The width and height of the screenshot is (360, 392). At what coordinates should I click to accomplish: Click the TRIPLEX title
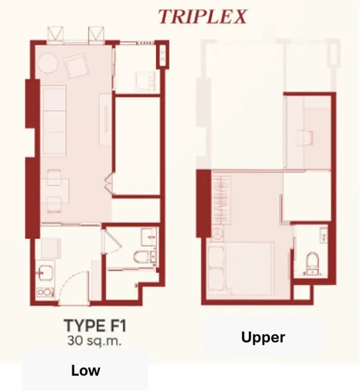(x=202, y=17)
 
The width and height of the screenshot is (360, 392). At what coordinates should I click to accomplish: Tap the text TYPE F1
(x=95, y=326)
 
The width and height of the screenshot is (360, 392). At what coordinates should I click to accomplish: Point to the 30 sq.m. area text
(x=95, y=341)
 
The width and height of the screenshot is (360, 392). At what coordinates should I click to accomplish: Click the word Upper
(x=263, y=338)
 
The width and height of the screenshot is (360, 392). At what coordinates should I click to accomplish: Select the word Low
(x=85, y=371)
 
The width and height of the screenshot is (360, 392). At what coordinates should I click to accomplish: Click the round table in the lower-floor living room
(x=48, y=63)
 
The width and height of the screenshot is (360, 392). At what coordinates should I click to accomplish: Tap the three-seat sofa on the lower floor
(x=54, y=121)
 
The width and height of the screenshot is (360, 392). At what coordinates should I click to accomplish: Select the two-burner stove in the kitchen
(x=45, y=292)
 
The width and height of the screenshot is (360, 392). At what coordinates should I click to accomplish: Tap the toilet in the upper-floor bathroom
(x=312, y=261)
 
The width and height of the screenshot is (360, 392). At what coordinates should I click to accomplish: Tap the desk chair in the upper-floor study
(x=304, y=138)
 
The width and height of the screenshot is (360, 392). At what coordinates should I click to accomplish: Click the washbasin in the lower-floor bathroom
(x=148, y=237)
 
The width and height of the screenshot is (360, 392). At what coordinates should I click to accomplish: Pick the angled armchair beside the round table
(x=77, y=67)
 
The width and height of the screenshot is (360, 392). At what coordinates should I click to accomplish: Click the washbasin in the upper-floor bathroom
(x=323, y=235)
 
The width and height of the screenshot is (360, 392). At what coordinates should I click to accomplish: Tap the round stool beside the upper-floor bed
(x=218, y=234)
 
